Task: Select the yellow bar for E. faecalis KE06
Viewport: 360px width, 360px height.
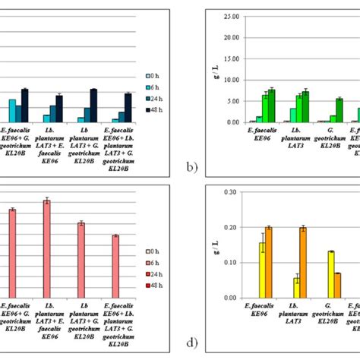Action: click(x=263, y=270)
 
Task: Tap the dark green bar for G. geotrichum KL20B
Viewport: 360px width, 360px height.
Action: click(x=339, y=111)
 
